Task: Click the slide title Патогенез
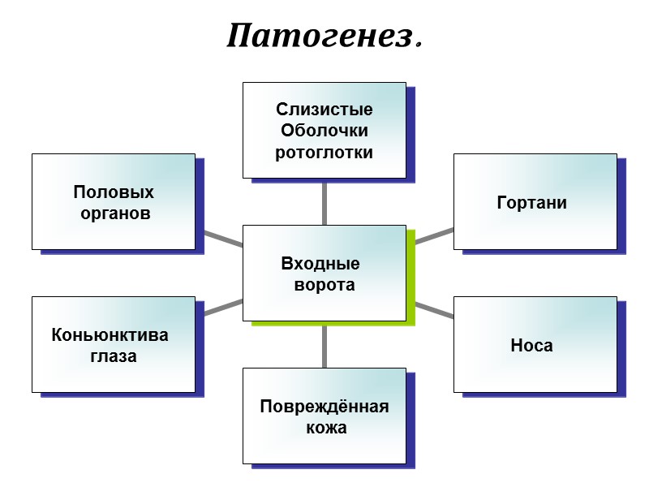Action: pos(324,37)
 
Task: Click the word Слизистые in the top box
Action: pos(324,110)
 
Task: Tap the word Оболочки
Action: pos(324,131)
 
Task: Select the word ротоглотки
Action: pos(324,152)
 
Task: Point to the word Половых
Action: pos(114,193)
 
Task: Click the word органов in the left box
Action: pos(116,214)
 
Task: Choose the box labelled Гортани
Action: pos(535,201)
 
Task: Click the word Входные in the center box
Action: pos(320,264)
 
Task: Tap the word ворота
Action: pos(324,285)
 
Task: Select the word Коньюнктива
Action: pos(110,334)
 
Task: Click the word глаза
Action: pos(114,356)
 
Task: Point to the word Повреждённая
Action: pos(324,406)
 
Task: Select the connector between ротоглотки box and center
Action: pos(324,201)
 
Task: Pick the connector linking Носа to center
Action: pos(434,309)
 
